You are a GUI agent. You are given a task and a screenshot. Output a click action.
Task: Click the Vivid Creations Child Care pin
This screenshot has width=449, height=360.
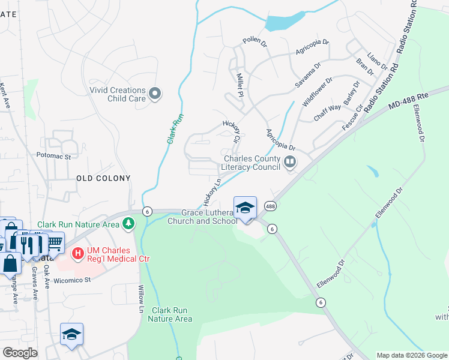[x=155, y=93]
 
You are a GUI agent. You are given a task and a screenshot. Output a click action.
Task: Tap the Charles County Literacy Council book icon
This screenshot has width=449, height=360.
[x=291, y=161]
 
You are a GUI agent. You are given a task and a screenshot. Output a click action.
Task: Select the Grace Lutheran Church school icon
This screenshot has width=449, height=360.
[x=245, y=208]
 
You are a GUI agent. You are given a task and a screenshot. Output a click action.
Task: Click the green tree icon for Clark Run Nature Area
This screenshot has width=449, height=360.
[x=128, y=224]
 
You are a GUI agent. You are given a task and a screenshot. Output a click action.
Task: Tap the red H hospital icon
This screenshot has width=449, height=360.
[x=77, y=254]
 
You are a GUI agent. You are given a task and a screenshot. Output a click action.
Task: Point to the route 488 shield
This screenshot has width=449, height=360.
[x=270, y=205]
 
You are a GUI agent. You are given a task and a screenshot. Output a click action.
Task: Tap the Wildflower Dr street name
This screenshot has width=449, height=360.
[x=317, y=92]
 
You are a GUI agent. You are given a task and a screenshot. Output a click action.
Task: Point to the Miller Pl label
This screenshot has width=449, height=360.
[x=240, y=86]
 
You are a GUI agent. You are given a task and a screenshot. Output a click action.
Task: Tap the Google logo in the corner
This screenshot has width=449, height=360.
[x=20, y=352]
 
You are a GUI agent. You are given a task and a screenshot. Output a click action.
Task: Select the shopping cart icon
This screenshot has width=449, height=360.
[x=54, y=242]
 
